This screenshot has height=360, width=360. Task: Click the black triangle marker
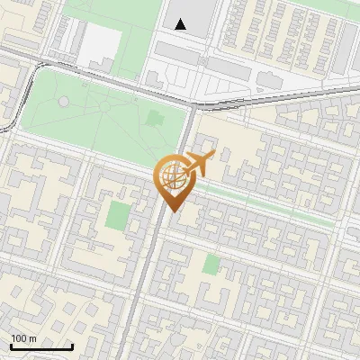click(181, 24)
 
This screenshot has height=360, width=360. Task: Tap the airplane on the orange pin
click(196, 165)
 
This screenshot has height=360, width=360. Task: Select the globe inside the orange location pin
click(171, 177)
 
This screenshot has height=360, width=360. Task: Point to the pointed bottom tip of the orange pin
click(172, 211)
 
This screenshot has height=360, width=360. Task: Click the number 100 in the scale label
click(19, 338)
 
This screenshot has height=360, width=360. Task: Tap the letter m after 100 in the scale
click(32, 338)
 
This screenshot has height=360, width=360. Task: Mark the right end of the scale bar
click(73, 346)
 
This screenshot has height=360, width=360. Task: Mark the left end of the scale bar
click(10, 346)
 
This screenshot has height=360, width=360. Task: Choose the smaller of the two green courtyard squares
click(211, 264)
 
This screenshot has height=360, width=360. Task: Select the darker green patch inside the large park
click(154, 117)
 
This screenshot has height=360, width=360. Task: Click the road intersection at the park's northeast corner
click(193, 104)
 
